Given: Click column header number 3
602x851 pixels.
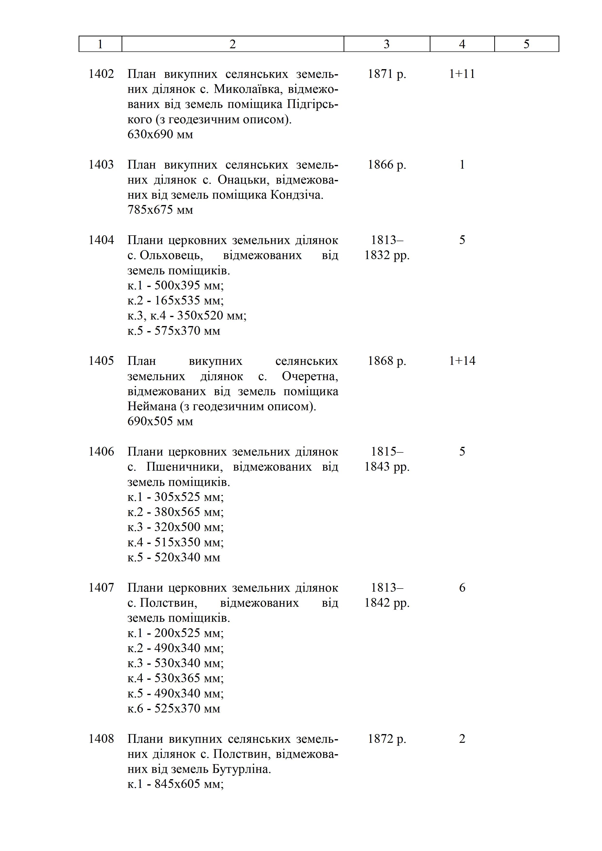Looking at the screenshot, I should [386, 44].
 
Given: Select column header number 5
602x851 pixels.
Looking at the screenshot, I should [526, 44].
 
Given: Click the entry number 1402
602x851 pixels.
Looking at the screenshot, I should [101, 74].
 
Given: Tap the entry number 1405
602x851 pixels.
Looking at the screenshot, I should [101, 361].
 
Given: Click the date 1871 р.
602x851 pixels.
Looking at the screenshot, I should [387, 74].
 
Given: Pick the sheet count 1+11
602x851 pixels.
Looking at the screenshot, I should [462, 74].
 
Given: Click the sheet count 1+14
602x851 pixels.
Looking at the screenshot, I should [462, 361].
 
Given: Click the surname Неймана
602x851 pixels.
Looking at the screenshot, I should [152, 407].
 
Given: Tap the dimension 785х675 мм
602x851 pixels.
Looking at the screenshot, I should [160, 210].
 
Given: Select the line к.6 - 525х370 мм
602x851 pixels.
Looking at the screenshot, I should [174, 709].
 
